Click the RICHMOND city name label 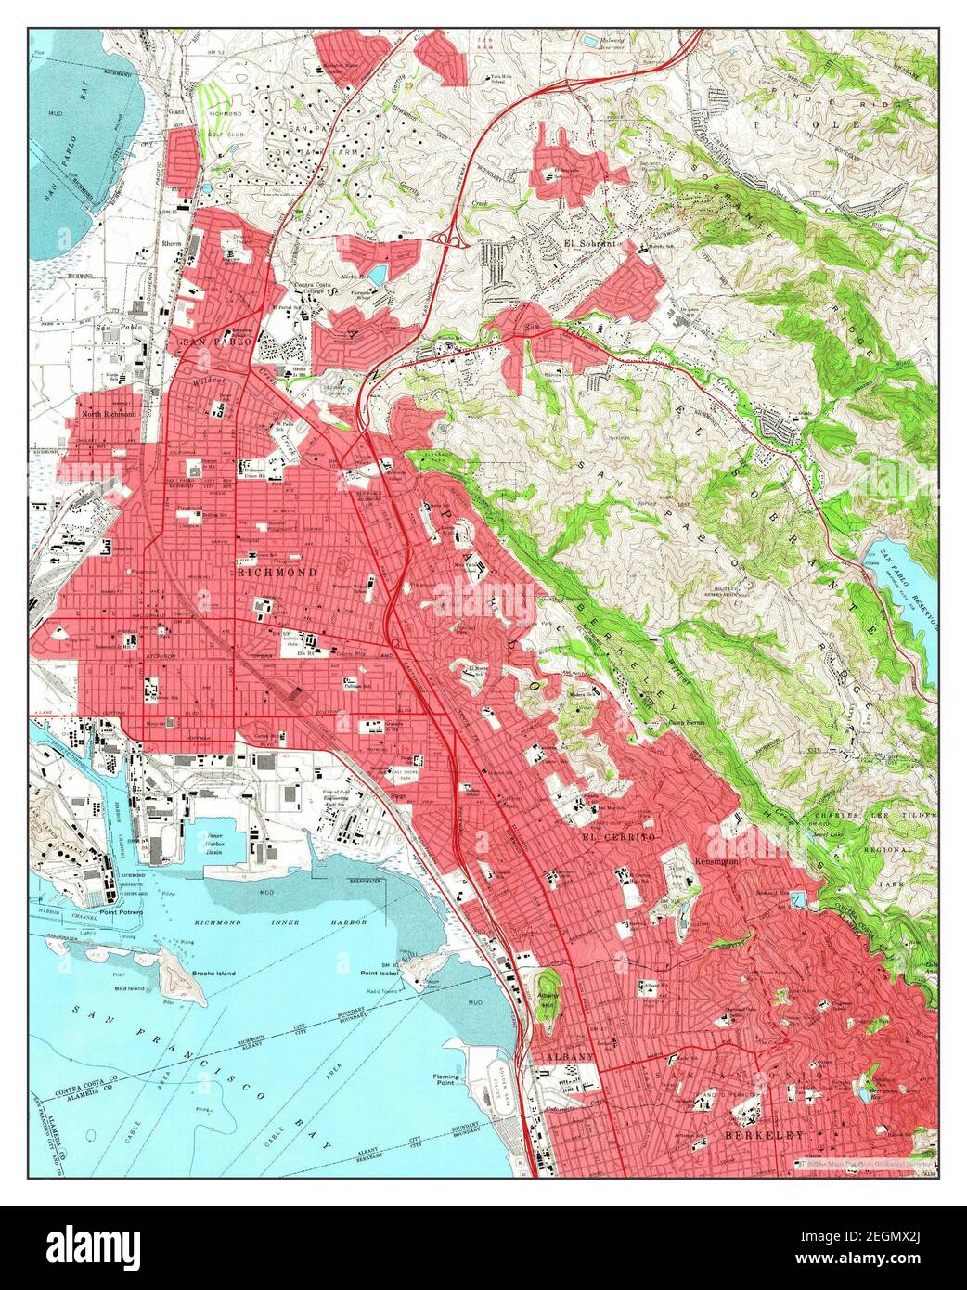coord(276,573)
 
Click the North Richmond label coord(109,414)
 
